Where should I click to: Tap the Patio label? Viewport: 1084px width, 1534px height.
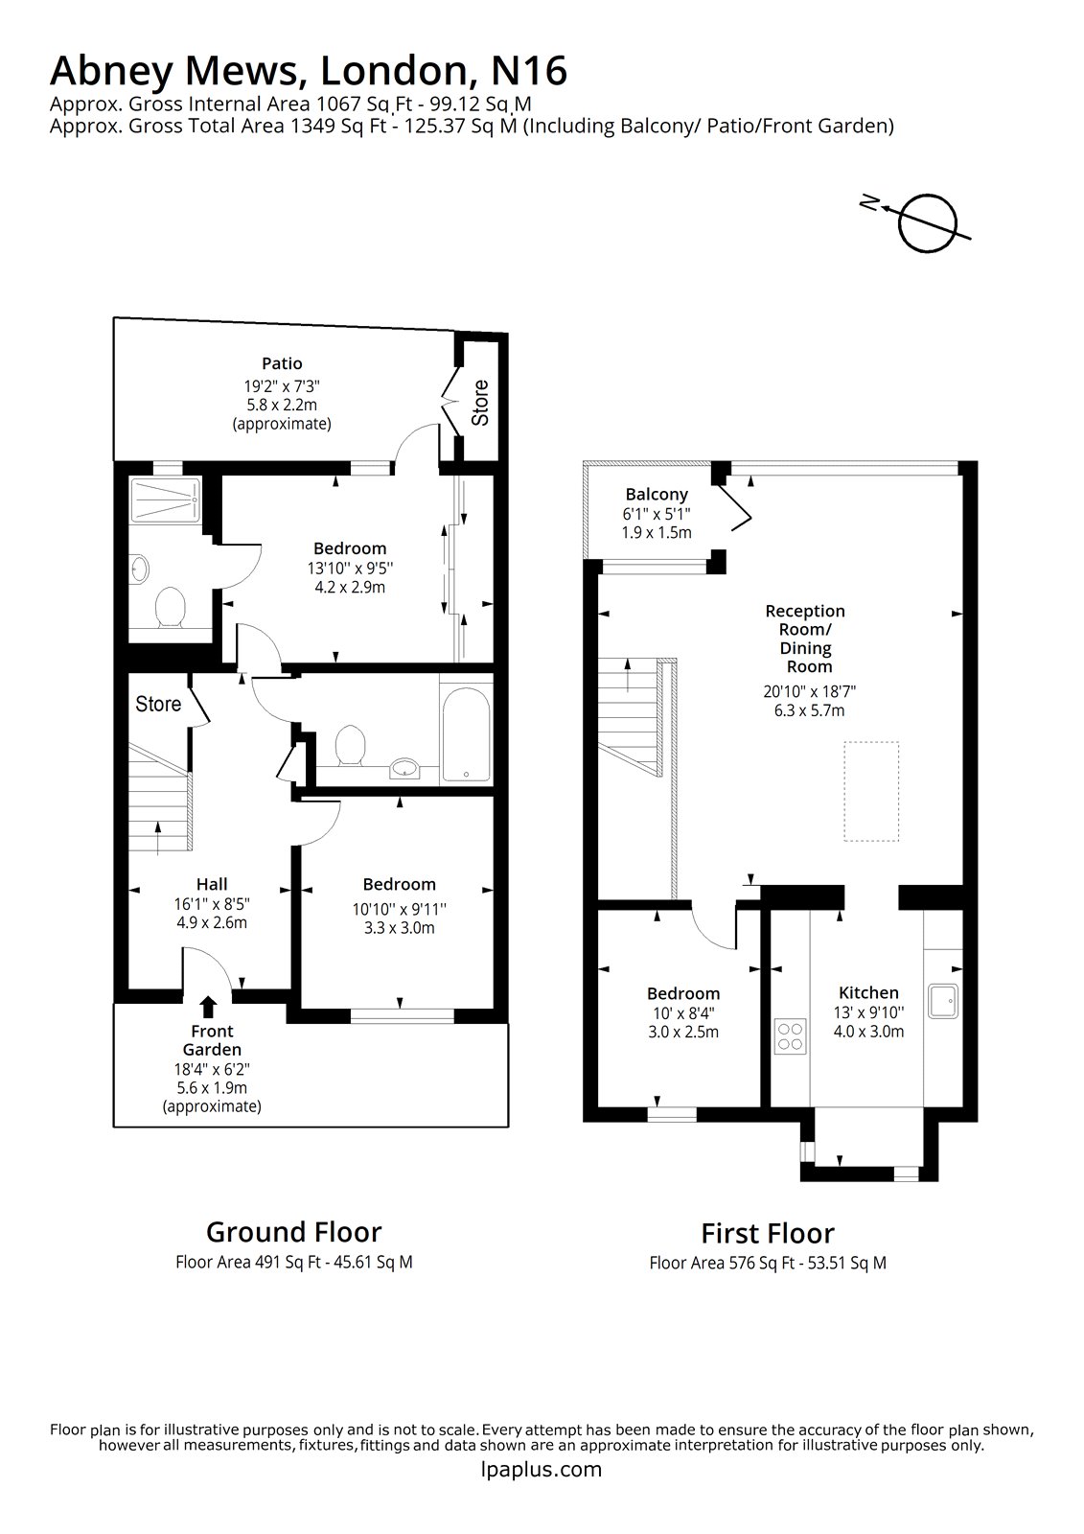(x=282, y=363)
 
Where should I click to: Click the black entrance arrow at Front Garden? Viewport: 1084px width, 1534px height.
(x=208, y=1006)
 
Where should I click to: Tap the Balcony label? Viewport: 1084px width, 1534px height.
(x=657, y=495)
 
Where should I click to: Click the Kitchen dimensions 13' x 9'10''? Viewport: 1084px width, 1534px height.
(x=868, y=1012)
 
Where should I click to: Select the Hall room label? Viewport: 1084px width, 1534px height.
(x=212, y=884)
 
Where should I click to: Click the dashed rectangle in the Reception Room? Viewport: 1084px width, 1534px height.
(x=871, y=791)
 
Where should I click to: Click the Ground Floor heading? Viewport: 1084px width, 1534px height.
(x=293, y=1232)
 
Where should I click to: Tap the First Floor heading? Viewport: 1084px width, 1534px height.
(x=767, y=1233)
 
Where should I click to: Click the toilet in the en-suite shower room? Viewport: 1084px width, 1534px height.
(x=170, y=609)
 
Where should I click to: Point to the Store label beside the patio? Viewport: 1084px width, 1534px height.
(x=480, y=403)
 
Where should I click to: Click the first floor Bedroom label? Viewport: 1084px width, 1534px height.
(x=682, y=993)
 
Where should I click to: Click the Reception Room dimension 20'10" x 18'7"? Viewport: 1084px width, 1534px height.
(x=803, y=691)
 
